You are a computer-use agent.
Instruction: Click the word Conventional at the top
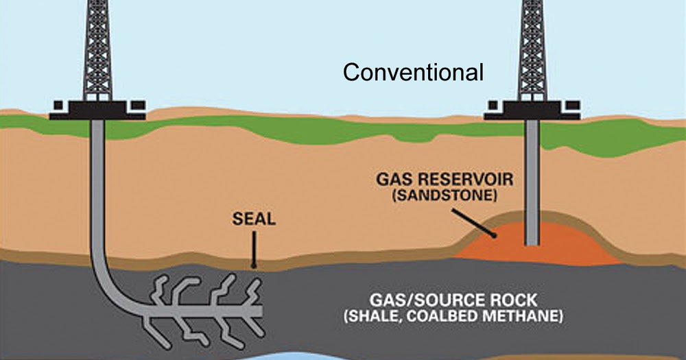click(413, 72)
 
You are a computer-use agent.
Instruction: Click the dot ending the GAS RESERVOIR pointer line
click(494, 235)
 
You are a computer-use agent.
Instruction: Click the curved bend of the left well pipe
click(110, 288)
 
